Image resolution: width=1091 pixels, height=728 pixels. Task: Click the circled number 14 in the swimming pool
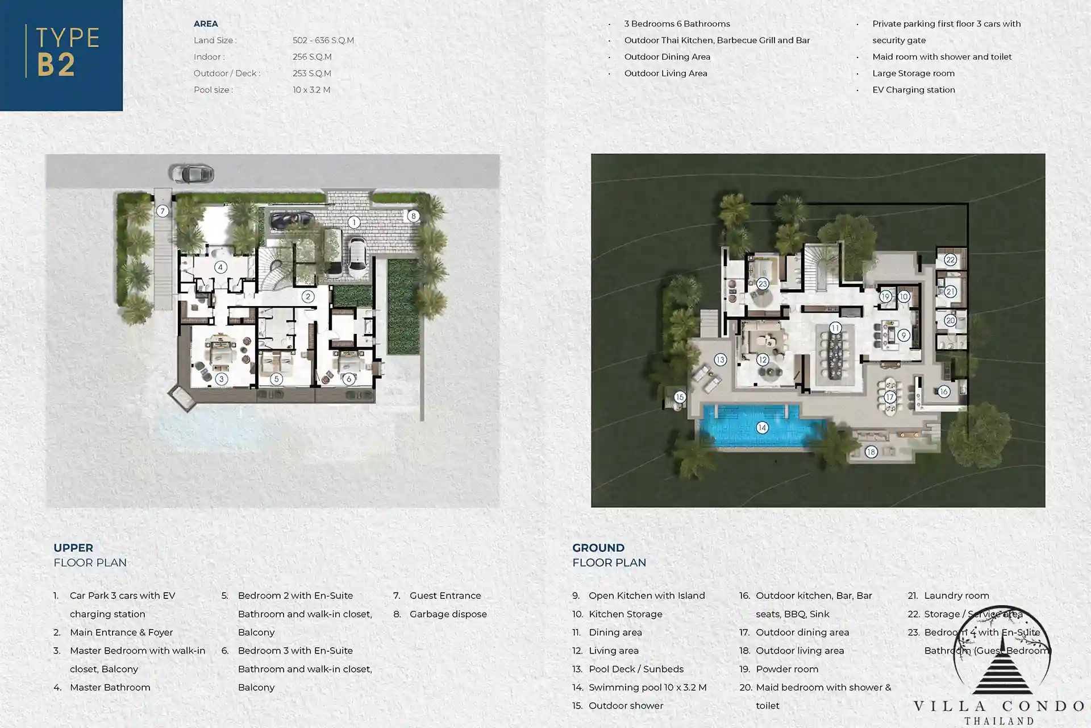pos(762,428)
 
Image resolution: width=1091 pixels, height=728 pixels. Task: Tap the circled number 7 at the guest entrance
pos(163,211)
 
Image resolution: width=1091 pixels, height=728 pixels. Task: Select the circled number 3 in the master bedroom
pos(222,379)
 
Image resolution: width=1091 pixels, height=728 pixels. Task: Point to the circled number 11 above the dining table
pos(835,328)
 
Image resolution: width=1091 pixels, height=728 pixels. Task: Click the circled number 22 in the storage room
pos(951,260)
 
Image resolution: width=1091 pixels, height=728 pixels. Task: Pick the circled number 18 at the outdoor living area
pos(871,452)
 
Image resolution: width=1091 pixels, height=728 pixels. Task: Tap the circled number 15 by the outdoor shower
pos(680,397)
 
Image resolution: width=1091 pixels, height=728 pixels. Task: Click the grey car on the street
pos(191,173)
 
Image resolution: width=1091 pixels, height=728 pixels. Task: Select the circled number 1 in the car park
pos(354,222)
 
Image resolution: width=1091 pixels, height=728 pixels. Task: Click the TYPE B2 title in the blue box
pos(68,52)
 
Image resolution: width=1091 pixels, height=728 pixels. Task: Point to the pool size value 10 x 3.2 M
pos(311,90)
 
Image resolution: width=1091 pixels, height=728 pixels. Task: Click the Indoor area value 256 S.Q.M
pos(312,57)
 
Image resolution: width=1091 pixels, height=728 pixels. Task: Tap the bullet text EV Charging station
pos(914,90)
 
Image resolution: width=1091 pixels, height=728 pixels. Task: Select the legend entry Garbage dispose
pos(448,614)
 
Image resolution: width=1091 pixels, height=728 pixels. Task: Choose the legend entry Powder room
pos(787,669)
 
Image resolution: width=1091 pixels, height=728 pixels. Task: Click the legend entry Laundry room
pos(956,596)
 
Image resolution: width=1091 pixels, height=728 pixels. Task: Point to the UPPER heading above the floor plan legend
pos(73,548)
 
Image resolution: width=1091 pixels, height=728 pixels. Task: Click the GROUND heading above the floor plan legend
pos(598,548)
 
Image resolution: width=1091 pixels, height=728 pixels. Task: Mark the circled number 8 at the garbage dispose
pos(413,216)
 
